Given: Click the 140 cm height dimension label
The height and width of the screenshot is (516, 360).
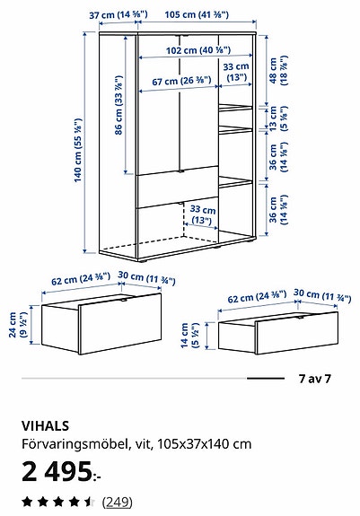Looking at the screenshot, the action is [78, 150].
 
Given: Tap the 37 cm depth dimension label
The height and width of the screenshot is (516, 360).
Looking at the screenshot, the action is [119, 15].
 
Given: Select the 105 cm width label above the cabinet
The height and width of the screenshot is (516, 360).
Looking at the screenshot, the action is [197, 14].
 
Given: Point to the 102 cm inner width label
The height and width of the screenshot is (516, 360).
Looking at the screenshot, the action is [198, 50].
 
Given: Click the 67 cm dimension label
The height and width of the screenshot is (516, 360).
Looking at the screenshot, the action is [181, 81].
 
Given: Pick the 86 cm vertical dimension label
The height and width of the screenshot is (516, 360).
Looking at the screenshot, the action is [119, 105].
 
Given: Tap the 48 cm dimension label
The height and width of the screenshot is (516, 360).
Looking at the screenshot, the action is [278, 70].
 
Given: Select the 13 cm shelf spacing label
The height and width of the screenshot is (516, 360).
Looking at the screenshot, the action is [278, 118].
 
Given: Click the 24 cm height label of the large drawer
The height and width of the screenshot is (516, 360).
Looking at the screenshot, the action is [17, 325].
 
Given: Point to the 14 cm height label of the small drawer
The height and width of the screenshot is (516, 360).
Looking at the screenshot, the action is [189, 336].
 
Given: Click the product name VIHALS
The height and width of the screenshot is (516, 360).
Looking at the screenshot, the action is [46, 426].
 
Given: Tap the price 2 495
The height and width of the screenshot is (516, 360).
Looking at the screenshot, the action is [61, 471].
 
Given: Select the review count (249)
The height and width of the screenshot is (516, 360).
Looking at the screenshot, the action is [117, 503].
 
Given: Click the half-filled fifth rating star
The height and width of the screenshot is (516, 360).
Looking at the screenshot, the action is [89, 503].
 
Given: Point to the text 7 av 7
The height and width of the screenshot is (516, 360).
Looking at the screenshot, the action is [314, 379].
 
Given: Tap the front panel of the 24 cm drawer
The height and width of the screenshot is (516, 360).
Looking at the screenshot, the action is [120, 323].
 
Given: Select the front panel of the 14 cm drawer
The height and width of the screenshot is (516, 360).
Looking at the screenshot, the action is [297, 332].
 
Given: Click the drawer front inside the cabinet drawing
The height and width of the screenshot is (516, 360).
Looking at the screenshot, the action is [178, 187].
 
